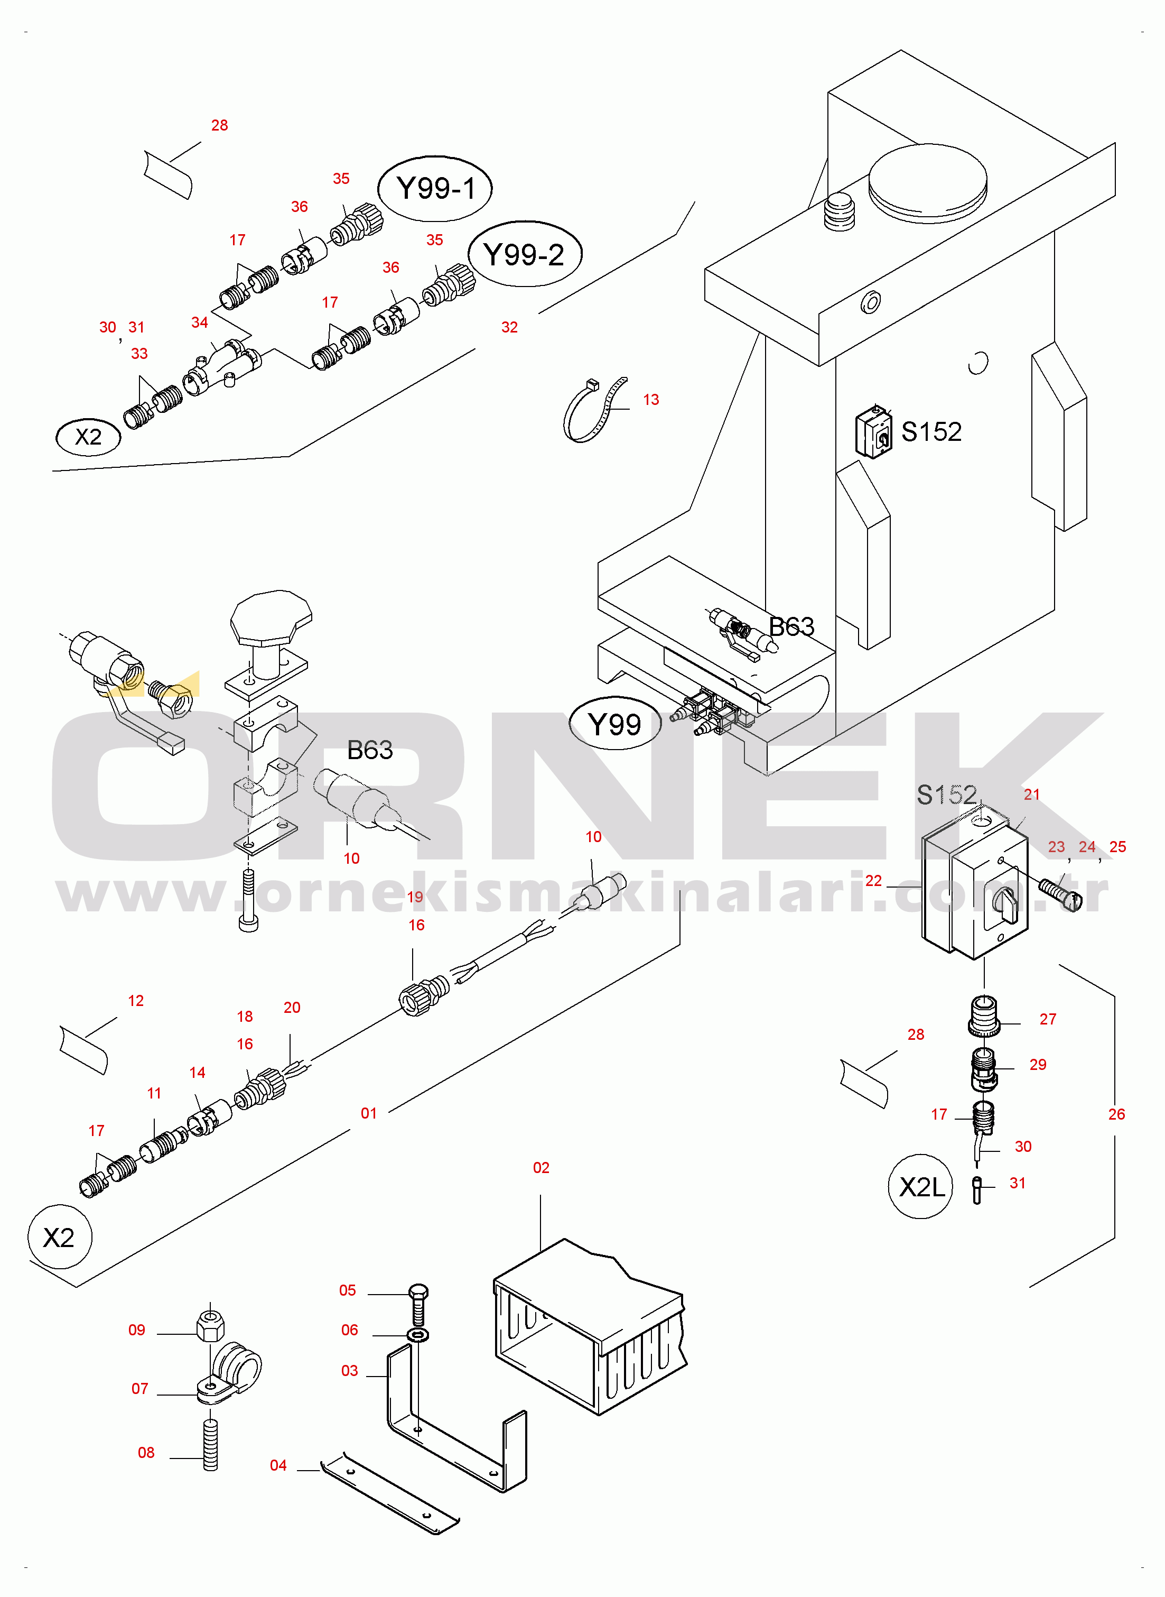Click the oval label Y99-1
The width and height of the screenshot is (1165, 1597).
coord(435,188)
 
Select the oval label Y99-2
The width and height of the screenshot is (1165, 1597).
coord(525,254)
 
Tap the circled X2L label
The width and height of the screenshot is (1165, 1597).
coord(920,1186)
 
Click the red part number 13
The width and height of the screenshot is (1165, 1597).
coord(651,400)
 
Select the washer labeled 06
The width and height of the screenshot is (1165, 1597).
coord(418,1335)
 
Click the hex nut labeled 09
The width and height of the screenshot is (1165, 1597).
coord(210,1327)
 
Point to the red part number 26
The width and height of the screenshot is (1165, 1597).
coord(1116,1114)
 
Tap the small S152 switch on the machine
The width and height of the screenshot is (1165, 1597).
coord(873,432)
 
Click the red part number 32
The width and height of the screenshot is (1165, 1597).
coord(509,327)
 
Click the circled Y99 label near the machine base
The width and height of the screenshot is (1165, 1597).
coord(615,724)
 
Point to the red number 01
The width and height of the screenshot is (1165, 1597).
coord(369,1113)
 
